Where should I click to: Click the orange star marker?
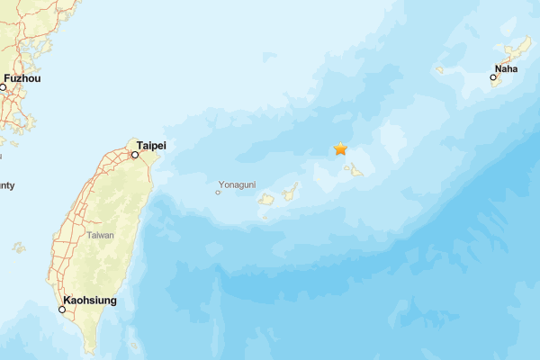click(340, 148)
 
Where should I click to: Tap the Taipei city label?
click(151, 145)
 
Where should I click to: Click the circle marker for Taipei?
click(135, 155)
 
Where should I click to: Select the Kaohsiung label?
click(89, 300)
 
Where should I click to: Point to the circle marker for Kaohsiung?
click(62, 310)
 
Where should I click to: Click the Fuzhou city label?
click(22, 78)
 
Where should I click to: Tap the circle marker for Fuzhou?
click(3, 87)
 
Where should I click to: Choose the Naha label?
click(506, 68)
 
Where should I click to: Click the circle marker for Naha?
click(493, 77)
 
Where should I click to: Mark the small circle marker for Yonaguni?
click(218, 192)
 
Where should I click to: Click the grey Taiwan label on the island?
click(100, 234)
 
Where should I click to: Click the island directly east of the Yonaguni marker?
click(266, 199)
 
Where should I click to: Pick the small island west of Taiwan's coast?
click(19, 247)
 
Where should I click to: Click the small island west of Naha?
click(440, 69)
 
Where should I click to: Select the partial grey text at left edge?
click(7, 185)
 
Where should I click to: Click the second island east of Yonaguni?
click(291, 192)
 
